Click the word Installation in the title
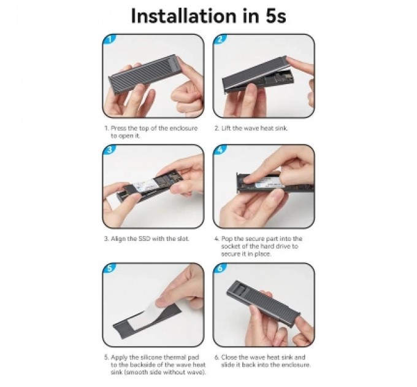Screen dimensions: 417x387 (183, 16)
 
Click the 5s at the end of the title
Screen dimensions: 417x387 (275, 16)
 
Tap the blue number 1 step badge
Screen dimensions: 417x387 (110, 39)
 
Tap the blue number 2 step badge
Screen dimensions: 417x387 (220, 39)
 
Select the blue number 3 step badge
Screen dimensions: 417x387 (110, 150)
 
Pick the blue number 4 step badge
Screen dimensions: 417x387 (220, 150)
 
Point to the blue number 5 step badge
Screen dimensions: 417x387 (110, 268)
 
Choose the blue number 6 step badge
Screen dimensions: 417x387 (220, 268)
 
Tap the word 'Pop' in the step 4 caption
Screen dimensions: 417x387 (228, 238)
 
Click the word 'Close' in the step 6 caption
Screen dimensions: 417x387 (229, 357)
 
